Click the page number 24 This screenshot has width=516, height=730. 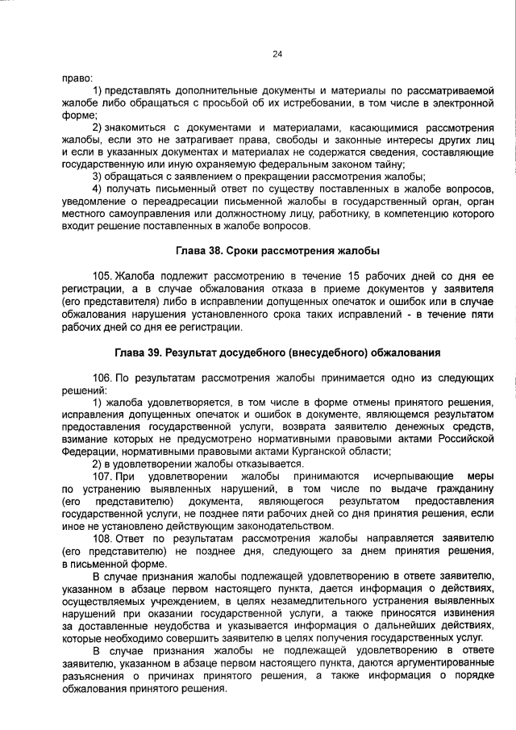(x=277, y=54)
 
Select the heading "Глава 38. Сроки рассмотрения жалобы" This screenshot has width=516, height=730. (x=277, y=251)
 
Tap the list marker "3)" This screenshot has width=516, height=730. (x=98, y=177)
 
